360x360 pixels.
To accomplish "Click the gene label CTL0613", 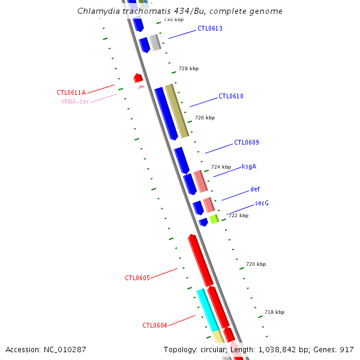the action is [x=210, y=28].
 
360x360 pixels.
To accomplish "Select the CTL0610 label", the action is [x=231, y=96].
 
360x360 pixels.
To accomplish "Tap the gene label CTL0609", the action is [x=247, y=142].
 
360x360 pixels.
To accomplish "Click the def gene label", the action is [x=255, y=190].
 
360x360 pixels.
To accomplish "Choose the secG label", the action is [x=262, y=203].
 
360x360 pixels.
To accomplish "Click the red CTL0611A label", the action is [x=71, y=92].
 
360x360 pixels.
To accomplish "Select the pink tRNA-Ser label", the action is [x=75, y=101].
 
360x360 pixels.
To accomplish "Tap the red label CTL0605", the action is [x=137, y=278].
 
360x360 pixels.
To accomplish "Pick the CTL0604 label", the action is [x=155, y=325].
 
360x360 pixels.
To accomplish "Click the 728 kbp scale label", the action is [x=188, y=68].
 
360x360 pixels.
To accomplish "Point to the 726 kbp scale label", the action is [x=205, y=118].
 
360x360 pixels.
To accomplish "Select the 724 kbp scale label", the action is [x=221, y=167].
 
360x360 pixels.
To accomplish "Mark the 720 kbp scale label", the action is [x=256, y=264].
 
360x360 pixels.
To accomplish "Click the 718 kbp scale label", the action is [x=274, y=312].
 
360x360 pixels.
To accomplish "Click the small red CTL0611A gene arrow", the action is [x=138, y=78].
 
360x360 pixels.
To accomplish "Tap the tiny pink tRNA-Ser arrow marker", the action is [x=141, y=87].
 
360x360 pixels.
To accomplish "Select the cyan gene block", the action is [x=207, y=308].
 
